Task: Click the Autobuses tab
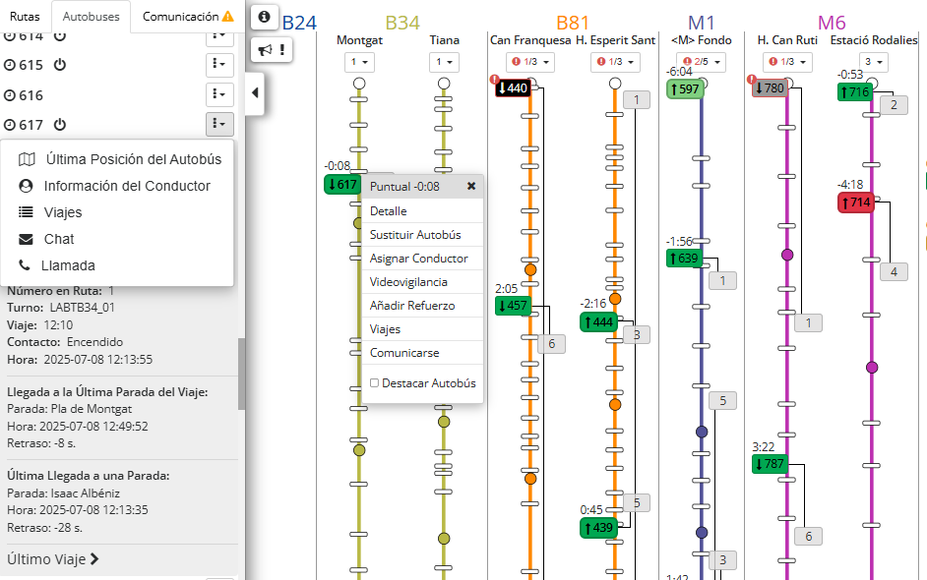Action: [91, 17]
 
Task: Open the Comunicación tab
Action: [187, 17]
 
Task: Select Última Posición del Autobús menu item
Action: [132, 159]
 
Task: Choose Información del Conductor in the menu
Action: [126, 186]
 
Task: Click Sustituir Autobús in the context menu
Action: [415, 235]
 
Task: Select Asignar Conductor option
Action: [418, 259]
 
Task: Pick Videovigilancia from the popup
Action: [408, 282]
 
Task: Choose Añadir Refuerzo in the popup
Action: [412, 306]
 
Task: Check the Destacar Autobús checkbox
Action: [374, 383]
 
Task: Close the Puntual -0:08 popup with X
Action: [471, 186]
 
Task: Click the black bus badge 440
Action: [513, 88]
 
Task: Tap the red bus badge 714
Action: [855, 203]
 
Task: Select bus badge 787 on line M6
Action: [770, 464]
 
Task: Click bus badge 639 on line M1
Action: [683, 259]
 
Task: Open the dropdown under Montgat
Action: [358, 63]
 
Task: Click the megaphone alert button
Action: [271, 50]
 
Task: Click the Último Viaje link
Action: [53, 559]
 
